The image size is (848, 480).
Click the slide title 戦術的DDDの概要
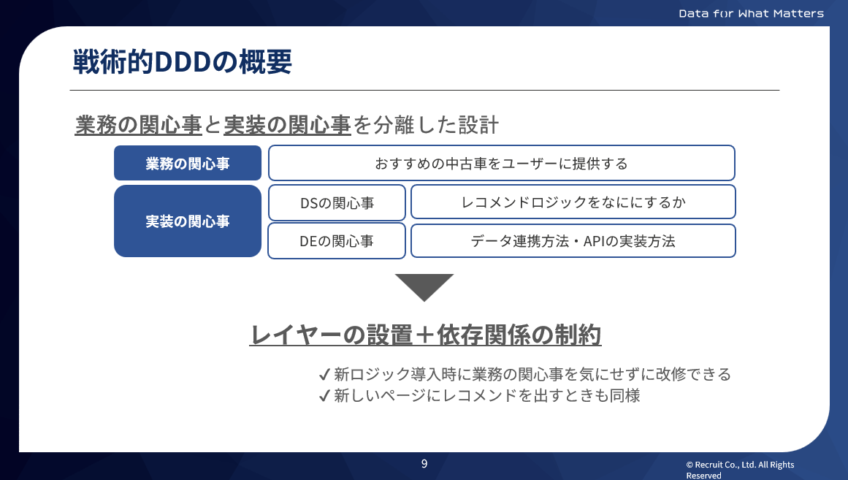coord(183,62)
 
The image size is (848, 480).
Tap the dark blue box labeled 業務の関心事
coord(188,163)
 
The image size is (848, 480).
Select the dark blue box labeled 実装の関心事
coord(188,221)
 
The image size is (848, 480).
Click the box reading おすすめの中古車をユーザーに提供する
coord(501,163)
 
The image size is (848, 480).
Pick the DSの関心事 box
coord(337,202)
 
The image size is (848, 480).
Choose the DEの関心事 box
coord(337,241)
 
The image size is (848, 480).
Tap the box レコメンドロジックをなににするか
coord(573,202)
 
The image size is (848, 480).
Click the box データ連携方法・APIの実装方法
coord(573,241)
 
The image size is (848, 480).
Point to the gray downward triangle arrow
coord(424,286)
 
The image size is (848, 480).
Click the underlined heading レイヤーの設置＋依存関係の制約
coord(425,335)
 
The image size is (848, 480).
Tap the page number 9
coord(424,463)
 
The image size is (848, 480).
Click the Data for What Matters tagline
coord(751,13)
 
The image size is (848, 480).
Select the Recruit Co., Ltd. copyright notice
coord(739,470)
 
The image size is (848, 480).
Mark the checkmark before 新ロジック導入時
coord(325,375)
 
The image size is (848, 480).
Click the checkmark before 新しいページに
coord(325,396)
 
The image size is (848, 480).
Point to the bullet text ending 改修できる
coord(532,375)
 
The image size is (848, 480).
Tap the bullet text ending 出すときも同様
coord(487,396)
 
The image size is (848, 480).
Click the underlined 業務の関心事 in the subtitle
coord(139,125)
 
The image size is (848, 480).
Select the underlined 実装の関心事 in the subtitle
coord(287,125)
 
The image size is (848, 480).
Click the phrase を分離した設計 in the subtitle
coord(426,125)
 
